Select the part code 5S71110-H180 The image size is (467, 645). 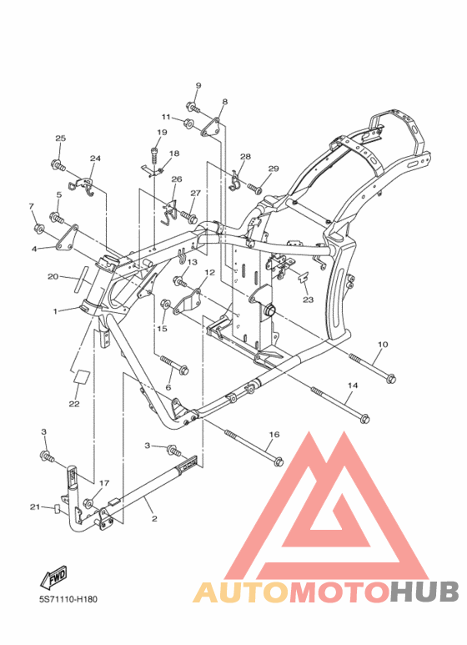(68, 599)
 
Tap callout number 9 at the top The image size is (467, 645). (198, 86)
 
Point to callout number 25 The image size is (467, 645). (60, 139)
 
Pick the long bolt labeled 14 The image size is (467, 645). (340, 405)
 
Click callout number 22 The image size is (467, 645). (74, 404)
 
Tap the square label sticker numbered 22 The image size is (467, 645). (82, 377)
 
